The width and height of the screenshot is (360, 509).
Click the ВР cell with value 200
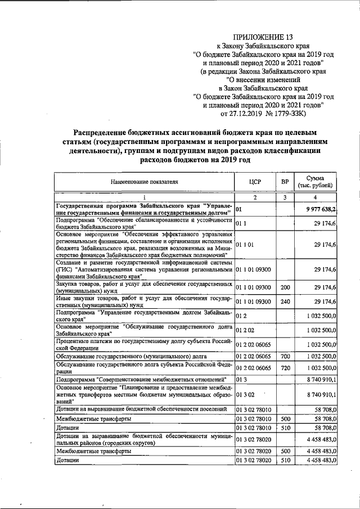coord(285,287)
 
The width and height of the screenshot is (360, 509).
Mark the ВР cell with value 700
coord(285,357)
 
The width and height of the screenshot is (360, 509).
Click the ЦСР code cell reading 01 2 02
coord(245,329)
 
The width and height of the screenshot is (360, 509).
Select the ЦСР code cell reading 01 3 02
coord(245,396)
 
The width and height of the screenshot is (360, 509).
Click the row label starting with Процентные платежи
coord(144,343)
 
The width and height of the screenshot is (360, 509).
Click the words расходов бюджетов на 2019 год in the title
coord(195,160)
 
